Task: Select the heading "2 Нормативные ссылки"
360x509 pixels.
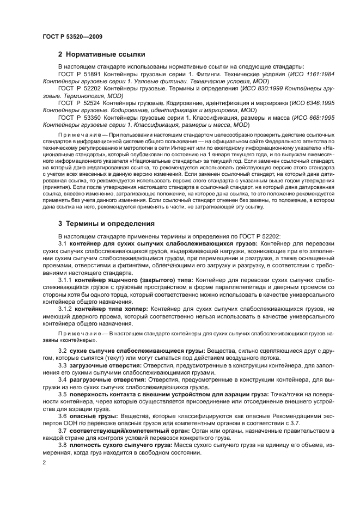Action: point(101,54)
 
